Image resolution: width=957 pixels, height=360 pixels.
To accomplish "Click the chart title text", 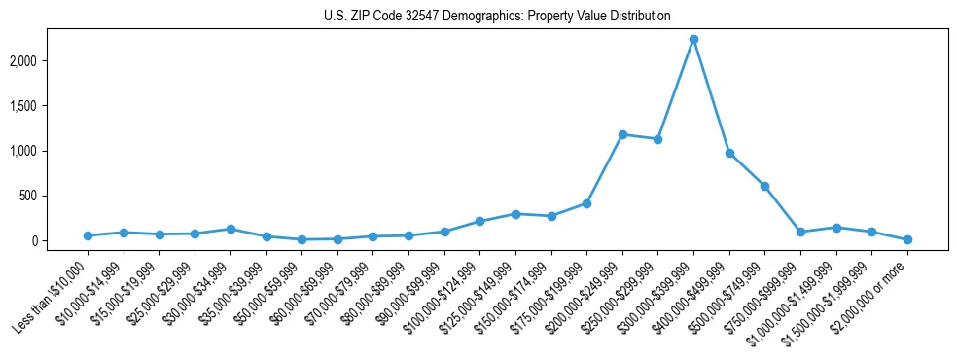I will [x=497, y=17].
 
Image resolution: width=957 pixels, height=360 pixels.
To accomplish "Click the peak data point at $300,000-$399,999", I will [x=693, y=40].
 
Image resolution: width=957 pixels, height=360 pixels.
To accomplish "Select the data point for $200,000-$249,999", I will [x=622, y=134].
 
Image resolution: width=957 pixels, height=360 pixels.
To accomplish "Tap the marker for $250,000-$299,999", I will [x=657, y=139].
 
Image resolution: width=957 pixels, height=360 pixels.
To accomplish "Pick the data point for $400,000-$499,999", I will [x=729, y=153].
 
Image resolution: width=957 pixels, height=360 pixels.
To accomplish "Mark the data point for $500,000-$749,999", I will [x=764, y=186].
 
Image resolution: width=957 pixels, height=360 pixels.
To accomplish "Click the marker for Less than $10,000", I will [x=88, y=235].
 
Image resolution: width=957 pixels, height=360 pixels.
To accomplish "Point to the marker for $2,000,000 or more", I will [x=907, y=239].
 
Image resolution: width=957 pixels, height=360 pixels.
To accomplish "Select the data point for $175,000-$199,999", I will [x=586, y=203].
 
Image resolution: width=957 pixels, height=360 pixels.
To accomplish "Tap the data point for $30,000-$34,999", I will [x=230, y=229].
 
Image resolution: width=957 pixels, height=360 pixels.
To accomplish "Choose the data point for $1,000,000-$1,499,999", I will [x=836, y=228].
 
